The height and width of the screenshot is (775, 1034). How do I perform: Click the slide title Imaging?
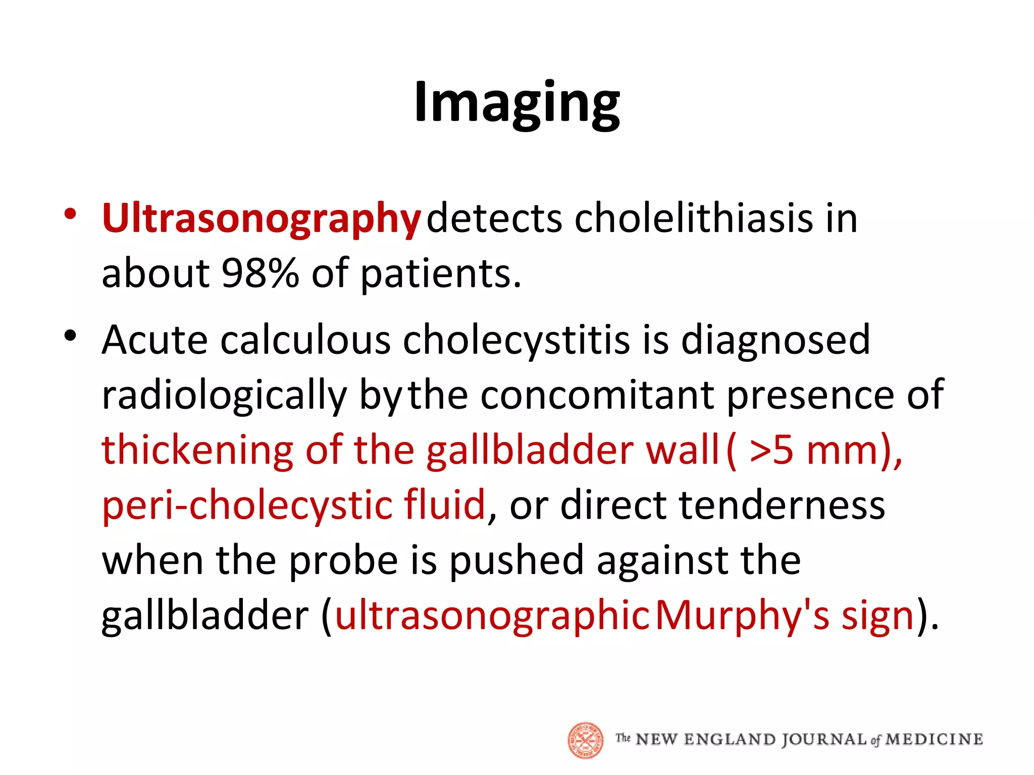point(516,103)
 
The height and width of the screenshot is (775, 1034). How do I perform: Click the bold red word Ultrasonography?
point(261,219)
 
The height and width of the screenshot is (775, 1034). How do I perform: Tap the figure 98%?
point(260,273)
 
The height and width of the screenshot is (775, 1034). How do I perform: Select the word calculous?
point(305,340)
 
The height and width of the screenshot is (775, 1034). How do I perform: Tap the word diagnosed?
point(775,340)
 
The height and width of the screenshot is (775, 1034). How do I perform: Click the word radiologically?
point(224,396)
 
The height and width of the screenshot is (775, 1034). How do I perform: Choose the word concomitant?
point(597,395)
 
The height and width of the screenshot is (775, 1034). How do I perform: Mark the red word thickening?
point(197,450)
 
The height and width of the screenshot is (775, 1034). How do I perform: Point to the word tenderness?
point(782,505)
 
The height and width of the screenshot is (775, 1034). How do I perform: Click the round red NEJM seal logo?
point(586,740)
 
